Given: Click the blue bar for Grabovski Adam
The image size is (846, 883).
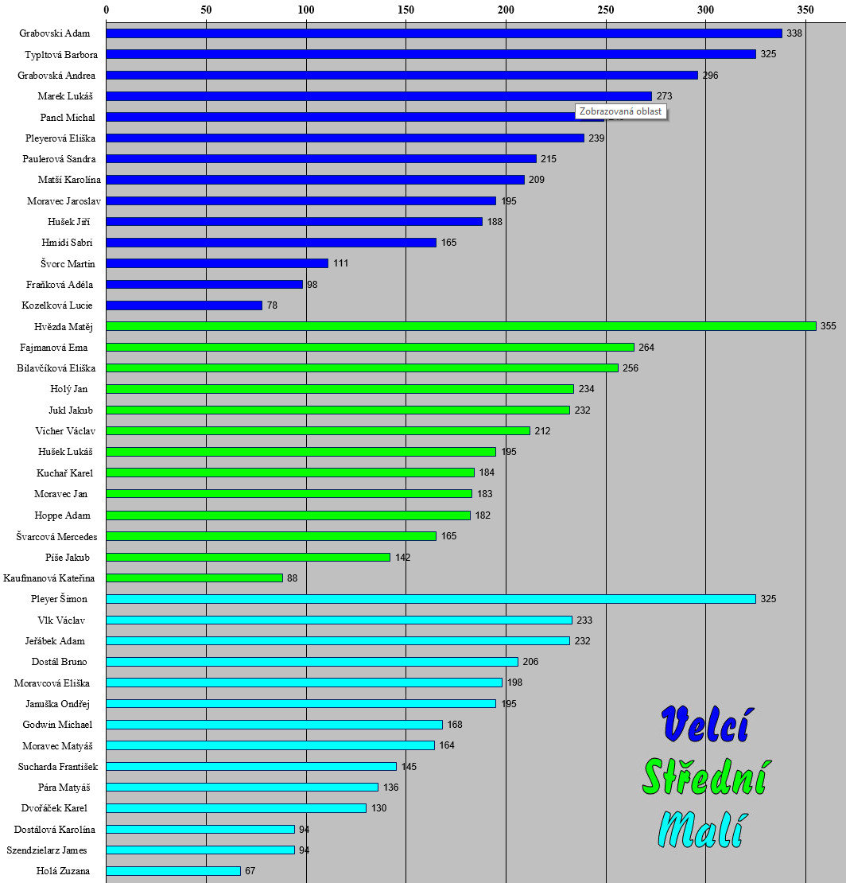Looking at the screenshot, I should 444,33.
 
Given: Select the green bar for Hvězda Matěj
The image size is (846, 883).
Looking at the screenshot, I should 461,326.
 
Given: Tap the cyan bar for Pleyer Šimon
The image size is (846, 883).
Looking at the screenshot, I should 430,599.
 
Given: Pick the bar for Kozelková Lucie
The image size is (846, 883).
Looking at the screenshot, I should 184,305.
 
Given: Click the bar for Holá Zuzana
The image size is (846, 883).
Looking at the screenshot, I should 173,871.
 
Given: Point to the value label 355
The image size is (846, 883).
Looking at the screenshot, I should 829,326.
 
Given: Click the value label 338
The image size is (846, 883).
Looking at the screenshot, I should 794,33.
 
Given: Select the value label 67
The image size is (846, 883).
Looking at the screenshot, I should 250,871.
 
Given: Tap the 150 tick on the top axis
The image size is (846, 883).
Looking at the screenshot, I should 406,10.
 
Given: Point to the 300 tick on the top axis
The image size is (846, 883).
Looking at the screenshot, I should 705,10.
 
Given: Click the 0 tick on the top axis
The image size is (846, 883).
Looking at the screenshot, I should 107,10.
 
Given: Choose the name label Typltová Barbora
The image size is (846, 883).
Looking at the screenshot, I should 55,54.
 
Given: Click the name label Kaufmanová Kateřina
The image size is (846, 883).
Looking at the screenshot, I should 49,578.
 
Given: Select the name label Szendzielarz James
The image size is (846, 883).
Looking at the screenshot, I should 47,850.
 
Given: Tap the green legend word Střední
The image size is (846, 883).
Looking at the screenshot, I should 704,776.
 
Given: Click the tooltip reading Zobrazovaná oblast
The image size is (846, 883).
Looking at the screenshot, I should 620,111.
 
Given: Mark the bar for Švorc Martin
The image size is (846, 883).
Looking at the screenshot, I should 217,263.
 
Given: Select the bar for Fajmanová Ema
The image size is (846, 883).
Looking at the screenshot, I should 370,347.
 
